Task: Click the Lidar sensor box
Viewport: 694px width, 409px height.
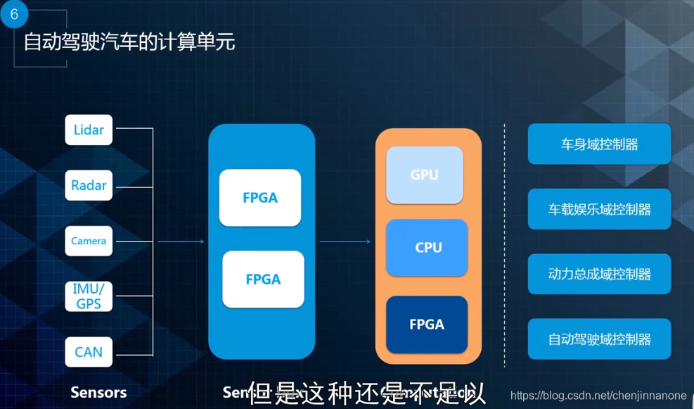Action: coord(89,130)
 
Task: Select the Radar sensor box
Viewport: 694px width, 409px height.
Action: coord(89,185)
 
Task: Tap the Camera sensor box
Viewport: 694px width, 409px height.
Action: coord(89,241)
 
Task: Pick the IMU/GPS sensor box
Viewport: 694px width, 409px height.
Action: coord(89,296)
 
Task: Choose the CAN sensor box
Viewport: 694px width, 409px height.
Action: coord(89,351)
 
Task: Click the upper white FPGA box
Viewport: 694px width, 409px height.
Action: coord(260,198)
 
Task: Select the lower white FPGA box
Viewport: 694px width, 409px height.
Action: coord(263,279)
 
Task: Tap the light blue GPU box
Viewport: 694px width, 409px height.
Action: coord(425,175)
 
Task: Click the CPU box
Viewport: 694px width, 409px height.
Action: coord(428,248)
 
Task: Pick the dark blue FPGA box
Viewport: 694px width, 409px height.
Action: coord(427,325)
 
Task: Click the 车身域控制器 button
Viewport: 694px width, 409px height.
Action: coord(599,144)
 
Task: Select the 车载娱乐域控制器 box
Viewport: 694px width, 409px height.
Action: coord(599,209)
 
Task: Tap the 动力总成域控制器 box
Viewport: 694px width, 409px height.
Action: coord(599,274)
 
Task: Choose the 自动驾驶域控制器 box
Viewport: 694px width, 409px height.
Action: coord(599,339)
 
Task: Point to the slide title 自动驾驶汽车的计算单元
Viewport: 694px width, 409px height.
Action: coord(129,42)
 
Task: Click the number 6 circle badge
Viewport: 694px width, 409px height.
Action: coord(13,14)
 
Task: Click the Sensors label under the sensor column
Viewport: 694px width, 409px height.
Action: coord(98,392)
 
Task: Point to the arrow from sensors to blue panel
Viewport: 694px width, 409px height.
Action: coord(180,241)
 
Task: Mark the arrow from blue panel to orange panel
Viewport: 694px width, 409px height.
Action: coord(345,241)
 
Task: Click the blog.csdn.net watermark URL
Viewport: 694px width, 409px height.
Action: coord(598,396)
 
